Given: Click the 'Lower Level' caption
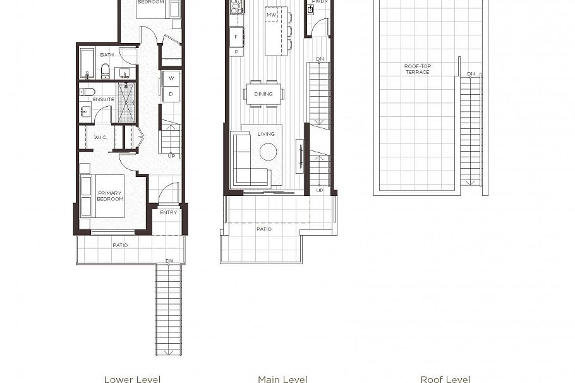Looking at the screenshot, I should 132,379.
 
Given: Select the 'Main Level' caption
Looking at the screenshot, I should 282,379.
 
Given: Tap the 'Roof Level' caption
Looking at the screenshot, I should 445,379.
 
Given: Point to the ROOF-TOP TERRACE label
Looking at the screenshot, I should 417,69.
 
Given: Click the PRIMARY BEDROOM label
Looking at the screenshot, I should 110,196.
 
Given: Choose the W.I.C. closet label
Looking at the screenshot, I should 102,137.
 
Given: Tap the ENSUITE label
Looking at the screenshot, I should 104,99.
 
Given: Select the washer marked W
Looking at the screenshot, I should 171,78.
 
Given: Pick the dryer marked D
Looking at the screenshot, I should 171,94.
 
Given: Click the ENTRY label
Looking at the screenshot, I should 169,212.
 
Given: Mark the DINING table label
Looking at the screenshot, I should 263,94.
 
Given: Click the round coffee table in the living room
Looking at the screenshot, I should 268,152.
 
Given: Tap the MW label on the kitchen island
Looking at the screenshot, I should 271,15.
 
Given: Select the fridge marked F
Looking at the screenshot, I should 236,37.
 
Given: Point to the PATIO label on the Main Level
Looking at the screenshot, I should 264,229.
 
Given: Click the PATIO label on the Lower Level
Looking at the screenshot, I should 120,245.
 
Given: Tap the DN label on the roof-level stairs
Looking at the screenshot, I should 471,74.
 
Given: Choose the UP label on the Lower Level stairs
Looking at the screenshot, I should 171,155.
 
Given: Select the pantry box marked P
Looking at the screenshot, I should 236,52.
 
